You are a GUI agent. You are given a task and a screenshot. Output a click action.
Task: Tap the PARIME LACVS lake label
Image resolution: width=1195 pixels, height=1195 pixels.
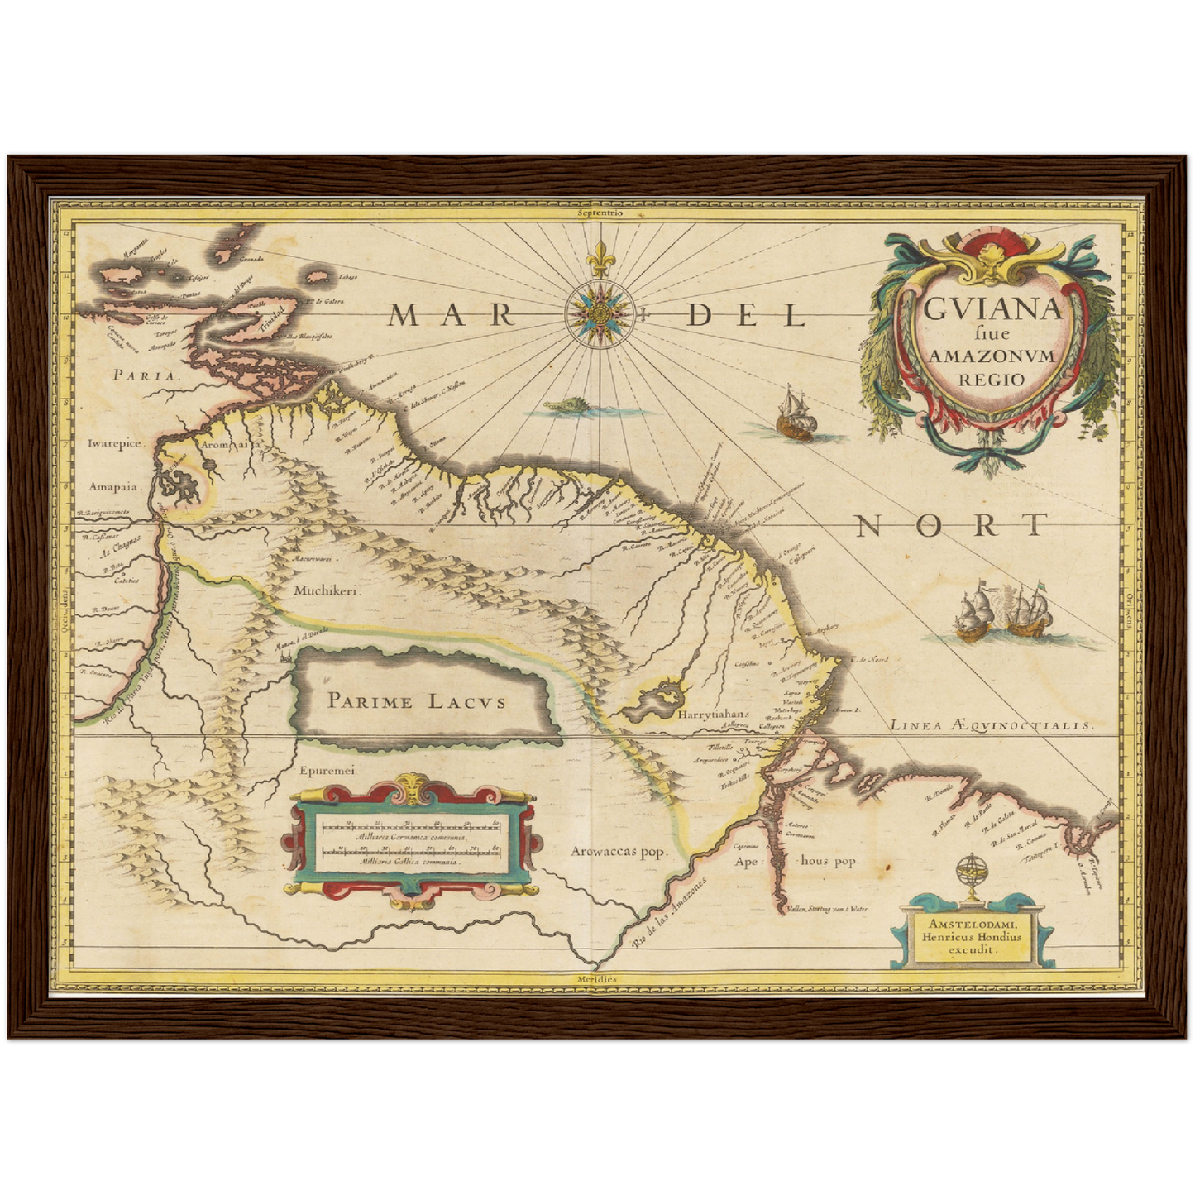coord(415,702)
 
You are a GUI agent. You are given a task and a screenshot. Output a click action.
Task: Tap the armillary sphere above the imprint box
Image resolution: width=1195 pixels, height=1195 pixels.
coord(968,875)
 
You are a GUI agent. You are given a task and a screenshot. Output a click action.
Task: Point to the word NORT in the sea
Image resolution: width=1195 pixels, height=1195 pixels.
coord(951,525)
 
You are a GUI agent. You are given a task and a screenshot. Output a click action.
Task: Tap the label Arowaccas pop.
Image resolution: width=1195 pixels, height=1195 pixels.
coord(619,852)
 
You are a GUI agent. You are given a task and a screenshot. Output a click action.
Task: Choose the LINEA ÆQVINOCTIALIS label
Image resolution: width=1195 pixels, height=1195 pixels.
coord(991,725)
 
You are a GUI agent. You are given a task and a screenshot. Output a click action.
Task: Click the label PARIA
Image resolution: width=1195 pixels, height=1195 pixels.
coord(146,375)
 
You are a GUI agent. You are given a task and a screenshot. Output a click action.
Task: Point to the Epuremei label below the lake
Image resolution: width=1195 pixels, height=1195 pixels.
coord(327,770)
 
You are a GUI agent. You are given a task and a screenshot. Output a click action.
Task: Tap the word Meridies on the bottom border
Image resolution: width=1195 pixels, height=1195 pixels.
coord(597,979)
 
